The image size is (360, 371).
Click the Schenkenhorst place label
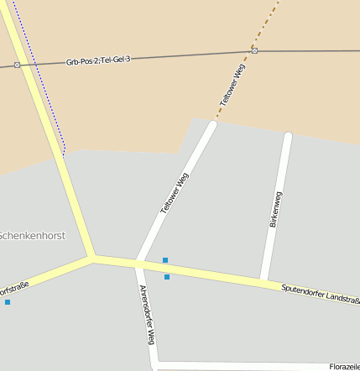tap(32, 236)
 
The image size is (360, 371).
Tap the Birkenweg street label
tap(276, 210)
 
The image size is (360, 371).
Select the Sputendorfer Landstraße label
tap(321, 295)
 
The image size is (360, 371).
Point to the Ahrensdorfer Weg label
tap(146, 315)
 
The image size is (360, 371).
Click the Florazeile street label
tap(344, 367)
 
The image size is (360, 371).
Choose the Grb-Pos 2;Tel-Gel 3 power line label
tap(98, 61)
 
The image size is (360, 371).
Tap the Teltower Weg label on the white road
tap(175, 195)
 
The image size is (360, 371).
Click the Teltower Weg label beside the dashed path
tap(233, 85)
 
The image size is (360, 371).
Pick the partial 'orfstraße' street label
tap(14, 290)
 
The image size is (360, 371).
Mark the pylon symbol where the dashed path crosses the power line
tap(254, 50)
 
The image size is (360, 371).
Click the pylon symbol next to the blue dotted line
tap(17, 65)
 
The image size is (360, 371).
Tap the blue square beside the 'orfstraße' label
tap(8, 302)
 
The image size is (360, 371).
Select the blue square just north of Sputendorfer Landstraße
tap(165, 260)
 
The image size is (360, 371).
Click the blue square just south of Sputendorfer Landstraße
tap(167, 277)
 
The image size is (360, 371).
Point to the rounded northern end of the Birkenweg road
tap(288, 135)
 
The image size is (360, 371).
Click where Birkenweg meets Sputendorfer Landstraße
tap(263, 279)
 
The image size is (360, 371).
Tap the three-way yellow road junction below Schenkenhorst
tap(92, 257)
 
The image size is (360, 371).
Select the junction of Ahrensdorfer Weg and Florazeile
tap(156, 365)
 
